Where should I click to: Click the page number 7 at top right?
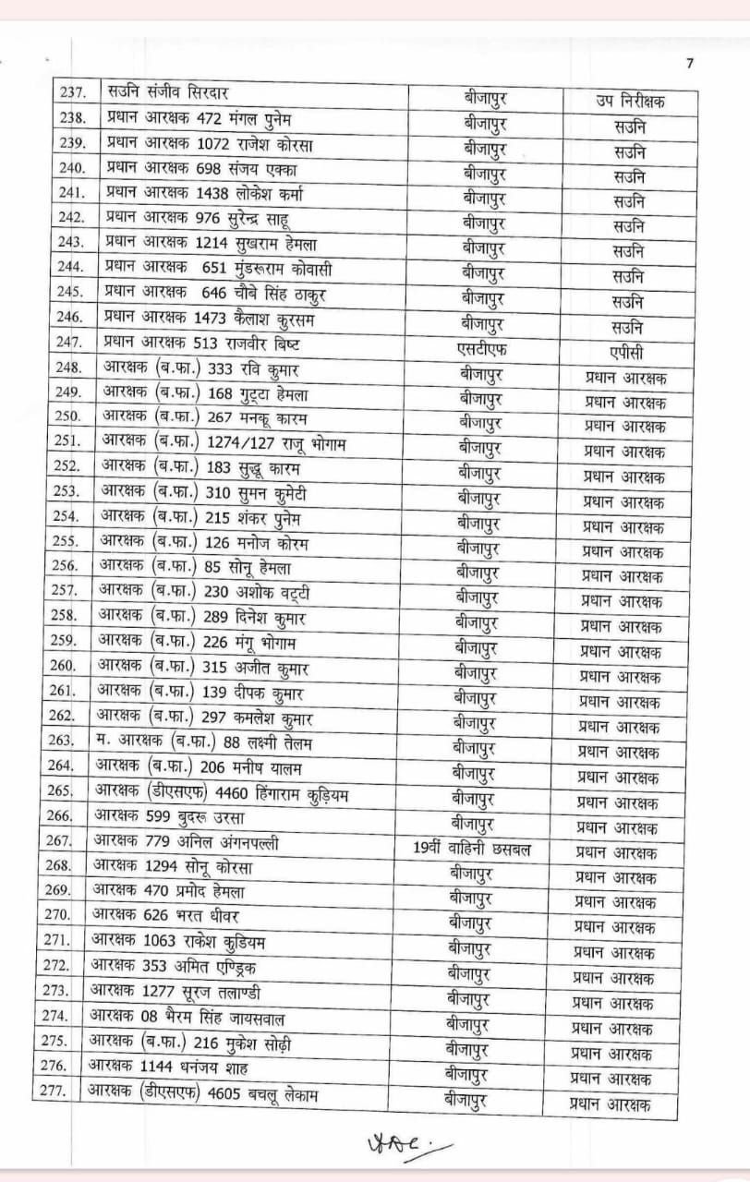tap(688, 63)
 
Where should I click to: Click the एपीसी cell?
tap(628, 352)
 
